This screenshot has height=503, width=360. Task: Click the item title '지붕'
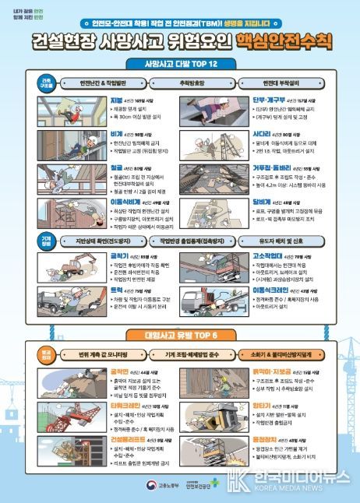tap(117, 100)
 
